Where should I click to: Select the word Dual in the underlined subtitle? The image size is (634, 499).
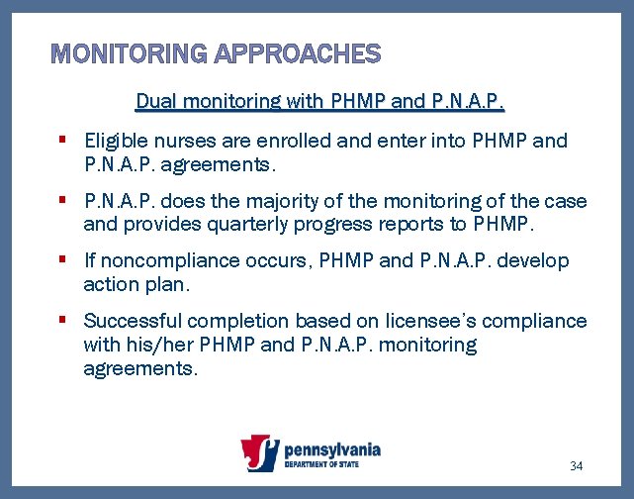point(153,100)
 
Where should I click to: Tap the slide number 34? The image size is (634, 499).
point(578,465)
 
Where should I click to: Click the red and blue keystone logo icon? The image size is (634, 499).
point(260,454)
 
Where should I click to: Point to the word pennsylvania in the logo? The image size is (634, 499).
point(331,449)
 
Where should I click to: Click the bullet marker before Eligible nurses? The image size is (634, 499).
point(62,140)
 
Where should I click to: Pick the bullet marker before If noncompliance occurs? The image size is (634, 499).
point(62,260)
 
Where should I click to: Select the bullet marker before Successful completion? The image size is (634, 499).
point(62,321)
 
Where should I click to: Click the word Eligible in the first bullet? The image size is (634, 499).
point(115,141)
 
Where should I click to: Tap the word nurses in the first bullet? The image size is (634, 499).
point(178,141)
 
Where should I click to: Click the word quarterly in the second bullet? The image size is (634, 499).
point(270,224)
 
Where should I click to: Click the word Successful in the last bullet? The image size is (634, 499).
point(131,322)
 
